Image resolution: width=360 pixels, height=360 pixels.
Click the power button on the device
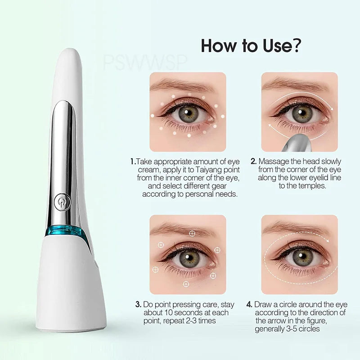pos(62,202)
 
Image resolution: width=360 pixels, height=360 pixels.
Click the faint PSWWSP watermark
pos(145,63)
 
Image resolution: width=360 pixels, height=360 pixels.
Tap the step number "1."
pos(133,162)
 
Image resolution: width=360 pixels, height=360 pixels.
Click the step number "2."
pos(253,161)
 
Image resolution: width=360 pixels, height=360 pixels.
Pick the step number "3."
pos(138,305)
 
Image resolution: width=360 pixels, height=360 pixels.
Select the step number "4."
pos(249,305)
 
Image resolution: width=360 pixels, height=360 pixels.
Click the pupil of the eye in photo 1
pos(187,112)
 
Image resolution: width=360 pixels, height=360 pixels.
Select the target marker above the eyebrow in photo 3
pos(192,234)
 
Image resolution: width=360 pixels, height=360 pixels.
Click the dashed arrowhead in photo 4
pos(327,240)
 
